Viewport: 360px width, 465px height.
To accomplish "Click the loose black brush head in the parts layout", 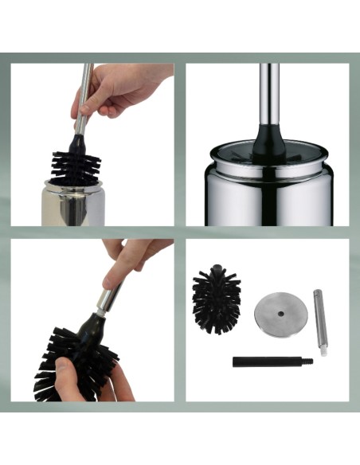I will coord(215,294).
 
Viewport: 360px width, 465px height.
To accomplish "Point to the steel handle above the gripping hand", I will coord(85,76).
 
